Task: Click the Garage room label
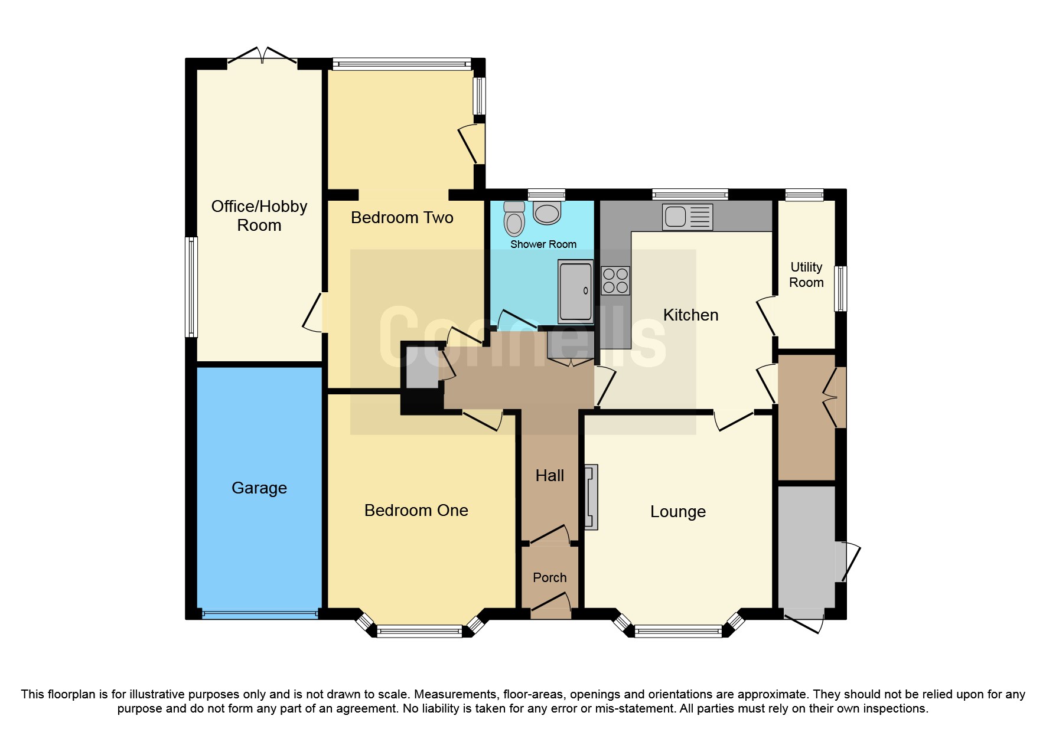pyautogui.click(x=259, y=488)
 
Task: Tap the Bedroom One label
pyautogui.click(x=416, y=510)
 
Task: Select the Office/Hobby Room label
pyautogui.click(x=259, y=215)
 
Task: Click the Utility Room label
pyautogui.click(x=806, y=274)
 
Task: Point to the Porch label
pyautogui.click(x=549, y=577)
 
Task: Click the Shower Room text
pyautogui.click(x=543, y=244)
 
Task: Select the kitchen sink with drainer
pyautogui.click(x=687, y=217)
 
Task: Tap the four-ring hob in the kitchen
pyautogui.click(x=615, y=280)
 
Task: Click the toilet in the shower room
pyautogui.click(x=514, y=219)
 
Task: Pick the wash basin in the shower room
pyautogui.click(x=547, y=213)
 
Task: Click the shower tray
pyautogui.click(x=575, y=292)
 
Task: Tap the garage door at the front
pyautogui.click(x=259, y=614)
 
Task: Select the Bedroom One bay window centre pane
pyautogui.click(x=419, y=632)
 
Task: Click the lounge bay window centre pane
pyautogui.click(x=678, y=632)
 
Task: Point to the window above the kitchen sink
pyautogui.click(x=690, y=194)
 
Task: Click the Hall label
pyautogui.click(x=549, y=475)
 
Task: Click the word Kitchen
pyautogui.click(x=690, y=315)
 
